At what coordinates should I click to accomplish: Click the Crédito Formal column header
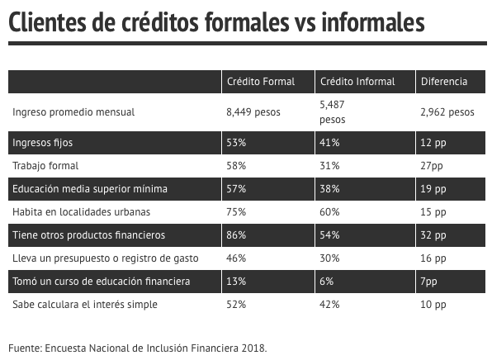click(x=261, y=82)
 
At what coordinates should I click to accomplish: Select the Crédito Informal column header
click(x=357, y=82)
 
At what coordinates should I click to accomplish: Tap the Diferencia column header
click(x=444, y=82)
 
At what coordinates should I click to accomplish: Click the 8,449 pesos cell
click(x=253, y=112)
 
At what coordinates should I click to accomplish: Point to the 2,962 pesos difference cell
click(x=447, y=112)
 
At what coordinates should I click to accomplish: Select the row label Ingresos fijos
click(x=42, y=143)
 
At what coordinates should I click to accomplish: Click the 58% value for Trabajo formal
click(x=236, y=166)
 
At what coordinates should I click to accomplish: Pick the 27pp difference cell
click(x=432, y=166)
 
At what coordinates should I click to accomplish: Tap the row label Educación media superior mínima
click(x=90, y=189)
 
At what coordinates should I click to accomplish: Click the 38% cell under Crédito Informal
click(x=329, y=189)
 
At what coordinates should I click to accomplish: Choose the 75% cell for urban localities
click(x=236, y=212)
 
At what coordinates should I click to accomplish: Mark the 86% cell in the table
click(x=236, y=235)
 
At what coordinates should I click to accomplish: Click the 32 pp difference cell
click(x=433, y=235)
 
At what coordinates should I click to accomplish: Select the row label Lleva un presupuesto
click(x=106, y=258)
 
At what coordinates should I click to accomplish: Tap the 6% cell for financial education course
click(x=326, y=282)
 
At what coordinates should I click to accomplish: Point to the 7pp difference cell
click(x=428, y=282)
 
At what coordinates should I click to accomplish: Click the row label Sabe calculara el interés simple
click(x=85, y=305)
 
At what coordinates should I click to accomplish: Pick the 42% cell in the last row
click(x=329, y=305)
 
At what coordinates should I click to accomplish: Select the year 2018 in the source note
click(x=254, y=348)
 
